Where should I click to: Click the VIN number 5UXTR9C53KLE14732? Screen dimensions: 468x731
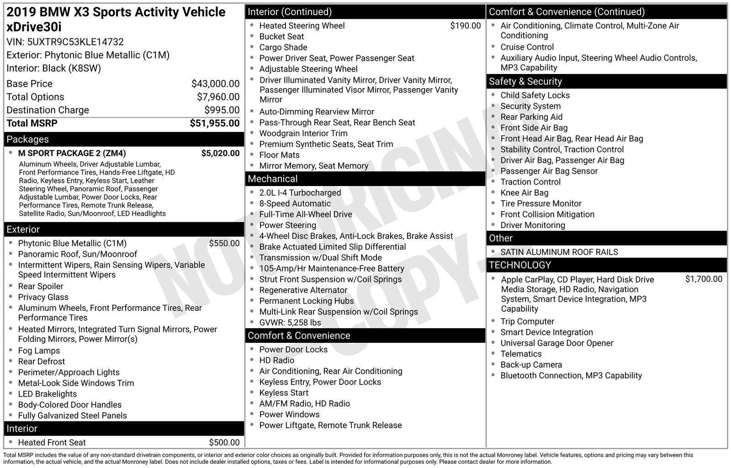(75, 42)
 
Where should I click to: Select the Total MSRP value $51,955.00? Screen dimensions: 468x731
(214, 123)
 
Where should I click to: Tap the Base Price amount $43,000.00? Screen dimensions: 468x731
(215, 84)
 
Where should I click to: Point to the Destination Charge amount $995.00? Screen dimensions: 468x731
(222, 110)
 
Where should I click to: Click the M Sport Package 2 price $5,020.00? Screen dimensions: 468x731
(220, 153)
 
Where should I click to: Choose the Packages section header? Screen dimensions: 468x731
(27, 139)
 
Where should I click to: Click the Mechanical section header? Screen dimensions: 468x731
(272, 179)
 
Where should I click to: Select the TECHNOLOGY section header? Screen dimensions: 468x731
(520, 265)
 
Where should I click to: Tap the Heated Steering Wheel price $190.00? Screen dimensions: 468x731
(465, 26)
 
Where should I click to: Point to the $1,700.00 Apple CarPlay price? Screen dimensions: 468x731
(704, 279)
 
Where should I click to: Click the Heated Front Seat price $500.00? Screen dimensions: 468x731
(224, 442)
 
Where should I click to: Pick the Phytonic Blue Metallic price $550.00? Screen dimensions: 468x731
(224, 244)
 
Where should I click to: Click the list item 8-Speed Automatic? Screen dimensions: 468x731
(295, 204)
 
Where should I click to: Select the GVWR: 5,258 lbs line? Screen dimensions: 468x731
(290, 323)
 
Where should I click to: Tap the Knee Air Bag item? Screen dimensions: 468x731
(524, 193)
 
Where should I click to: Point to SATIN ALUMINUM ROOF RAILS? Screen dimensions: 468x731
(559, 252)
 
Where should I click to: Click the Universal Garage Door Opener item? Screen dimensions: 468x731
(556, 343)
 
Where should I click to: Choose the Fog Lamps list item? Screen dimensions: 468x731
(39, 351)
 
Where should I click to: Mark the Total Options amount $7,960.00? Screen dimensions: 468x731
(218, 97)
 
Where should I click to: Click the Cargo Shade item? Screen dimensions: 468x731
(283, 48)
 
